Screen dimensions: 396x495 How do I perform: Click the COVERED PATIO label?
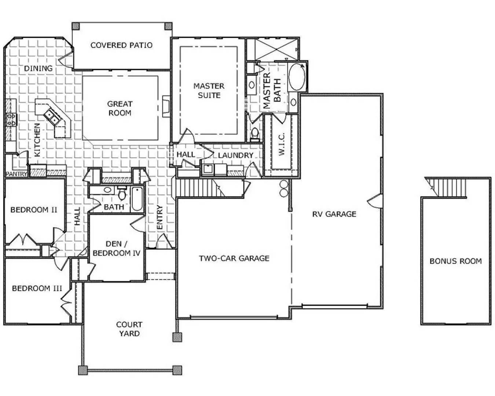tap(121, 45)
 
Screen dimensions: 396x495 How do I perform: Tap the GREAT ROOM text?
tap(120, 109)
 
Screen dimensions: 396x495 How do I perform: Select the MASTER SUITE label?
tap(209, 91)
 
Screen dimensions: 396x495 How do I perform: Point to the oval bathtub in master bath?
tap(297, 77)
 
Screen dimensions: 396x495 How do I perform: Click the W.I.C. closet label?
tap(282, 144)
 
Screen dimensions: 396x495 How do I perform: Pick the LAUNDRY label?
tap(235, 155)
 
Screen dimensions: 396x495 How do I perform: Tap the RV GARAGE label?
tap(334, 214)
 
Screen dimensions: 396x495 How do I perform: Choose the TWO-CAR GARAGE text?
tap(234, 258)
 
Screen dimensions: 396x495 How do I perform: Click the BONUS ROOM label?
tap(455, 261)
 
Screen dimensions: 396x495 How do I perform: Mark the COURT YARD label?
tap(129, 329)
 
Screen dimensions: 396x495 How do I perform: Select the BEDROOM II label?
tap(34, 210)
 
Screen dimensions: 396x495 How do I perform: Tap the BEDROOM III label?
tap(37, 288)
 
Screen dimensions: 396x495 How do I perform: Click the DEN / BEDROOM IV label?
tap(116, 248)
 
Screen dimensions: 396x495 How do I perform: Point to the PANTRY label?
tap(16, 174)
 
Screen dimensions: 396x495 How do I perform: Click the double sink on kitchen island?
tap(52, 117)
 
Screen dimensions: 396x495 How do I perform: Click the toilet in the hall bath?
tap(122, 192)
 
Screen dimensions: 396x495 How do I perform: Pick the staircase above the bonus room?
tap(447, 187)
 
